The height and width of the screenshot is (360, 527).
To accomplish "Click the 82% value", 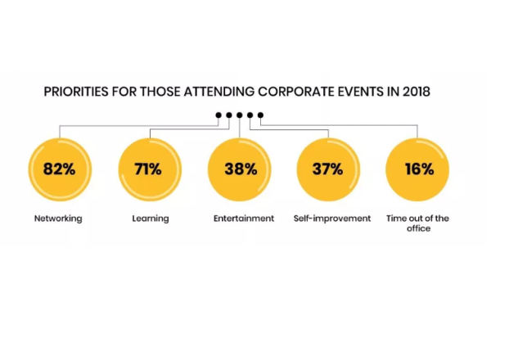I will [x=59, y=170].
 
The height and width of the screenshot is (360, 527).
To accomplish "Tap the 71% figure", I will [x=148, y=170].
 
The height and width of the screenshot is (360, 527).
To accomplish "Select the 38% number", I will [x=241, y=170].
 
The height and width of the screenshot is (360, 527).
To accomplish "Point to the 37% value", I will [x=328, y=170].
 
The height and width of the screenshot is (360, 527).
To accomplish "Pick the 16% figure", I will [x=418, y=170].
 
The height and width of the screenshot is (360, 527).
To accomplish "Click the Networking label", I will [x=58, y=218].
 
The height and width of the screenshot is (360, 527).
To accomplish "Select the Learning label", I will [x=151, y=218].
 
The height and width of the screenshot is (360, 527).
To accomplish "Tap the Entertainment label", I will [x=243, y=218].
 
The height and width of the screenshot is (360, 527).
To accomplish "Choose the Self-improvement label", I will [x=331, y=218].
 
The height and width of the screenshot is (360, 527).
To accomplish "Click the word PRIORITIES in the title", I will [x=79, y=92].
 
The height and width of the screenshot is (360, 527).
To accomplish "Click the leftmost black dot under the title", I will [x=218, y=115].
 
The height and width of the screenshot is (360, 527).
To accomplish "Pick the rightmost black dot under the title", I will [x=261, y=115].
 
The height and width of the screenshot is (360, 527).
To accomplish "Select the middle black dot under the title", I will [x=240, y=115].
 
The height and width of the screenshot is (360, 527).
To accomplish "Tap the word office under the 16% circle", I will [x=418, y=229].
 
